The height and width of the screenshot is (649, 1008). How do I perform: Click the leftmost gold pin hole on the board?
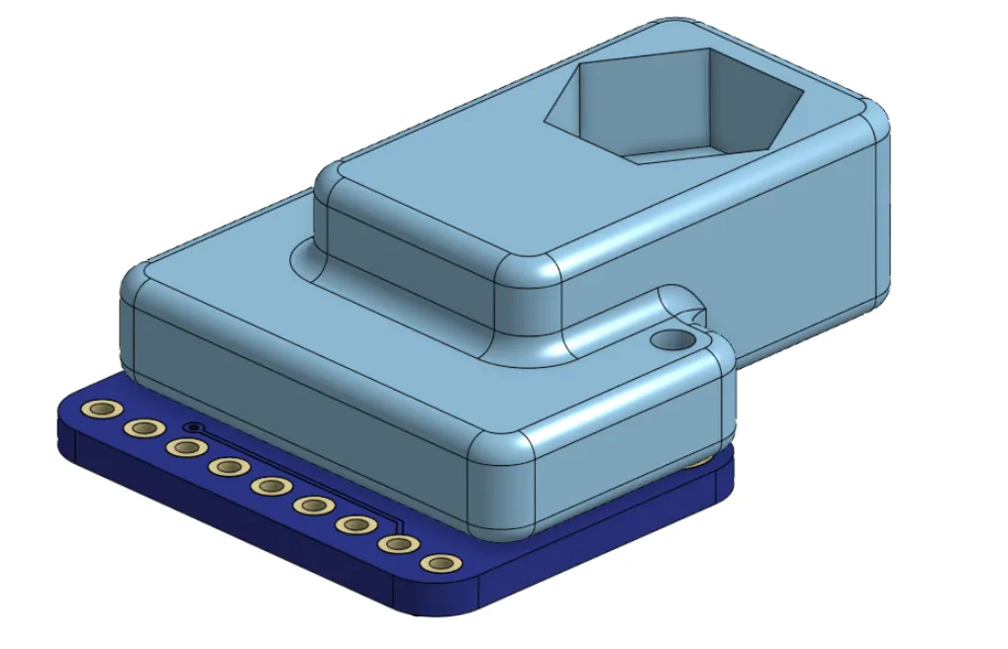tap(100, 410)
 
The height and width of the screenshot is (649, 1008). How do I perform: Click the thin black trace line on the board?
tap(297, 474)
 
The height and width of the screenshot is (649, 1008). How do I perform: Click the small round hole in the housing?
tap(673, 339)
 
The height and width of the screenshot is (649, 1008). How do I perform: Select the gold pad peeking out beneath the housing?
tap(701, 461)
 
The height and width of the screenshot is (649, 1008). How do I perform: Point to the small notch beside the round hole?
tap(699, 318)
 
